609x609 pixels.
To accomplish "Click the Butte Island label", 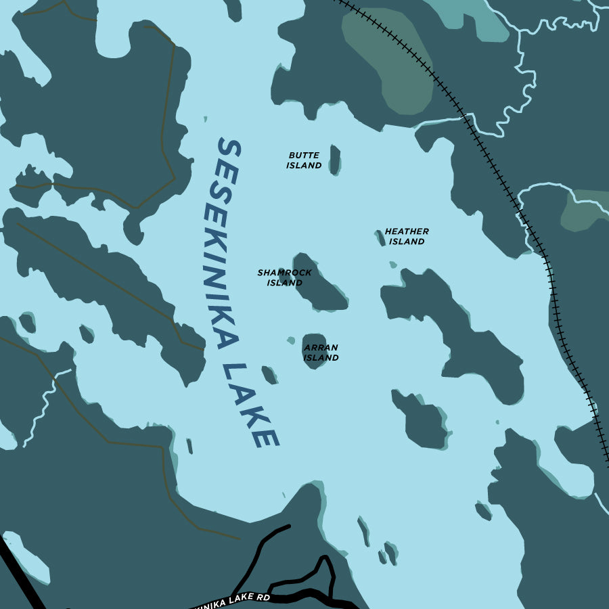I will click(304, 160).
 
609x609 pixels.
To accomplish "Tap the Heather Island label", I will click(406, 236).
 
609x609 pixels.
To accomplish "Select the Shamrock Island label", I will click(284, 277).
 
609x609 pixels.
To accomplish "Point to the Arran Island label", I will click(321, 353).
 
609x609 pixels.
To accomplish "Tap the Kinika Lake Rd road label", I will click(233, 599).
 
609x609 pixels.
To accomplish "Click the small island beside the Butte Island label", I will click(334, 160).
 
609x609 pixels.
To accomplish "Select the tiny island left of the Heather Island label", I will click(380, 237).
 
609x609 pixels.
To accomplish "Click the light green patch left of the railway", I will click(389, 61).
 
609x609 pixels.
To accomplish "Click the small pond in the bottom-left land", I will click(27, 558).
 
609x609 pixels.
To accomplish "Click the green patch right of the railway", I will click(583, 210).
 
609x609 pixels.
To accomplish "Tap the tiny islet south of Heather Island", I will click(392, 265).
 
